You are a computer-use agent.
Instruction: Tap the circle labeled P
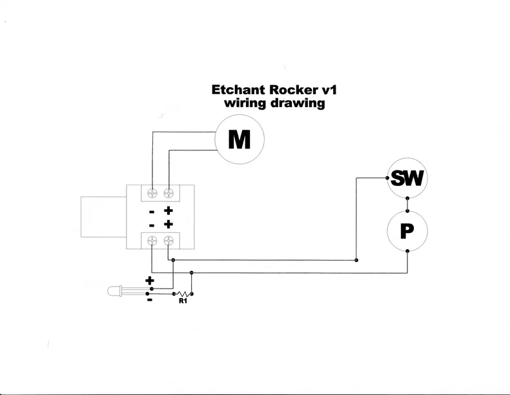click(407, 230)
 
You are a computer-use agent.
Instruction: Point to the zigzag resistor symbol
click(182, 292)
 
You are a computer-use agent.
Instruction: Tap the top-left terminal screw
click(152, 192)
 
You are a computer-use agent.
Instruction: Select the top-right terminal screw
click(169, 192)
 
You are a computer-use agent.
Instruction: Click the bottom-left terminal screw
click(152, 241)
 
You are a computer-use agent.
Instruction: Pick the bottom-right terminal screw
click(169, 241)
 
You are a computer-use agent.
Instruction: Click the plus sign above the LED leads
click(150, 281)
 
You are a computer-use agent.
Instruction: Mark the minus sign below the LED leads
click(150, 299)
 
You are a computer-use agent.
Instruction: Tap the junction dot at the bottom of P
click(407, 251)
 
